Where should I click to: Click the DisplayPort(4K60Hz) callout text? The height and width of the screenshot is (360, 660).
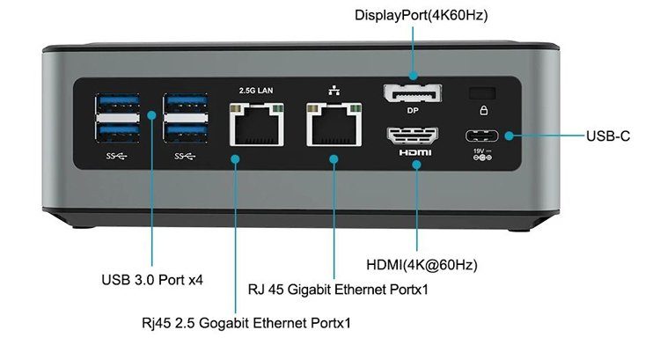tap(422, 15)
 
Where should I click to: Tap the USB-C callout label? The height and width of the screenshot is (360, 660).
tap(608, 136)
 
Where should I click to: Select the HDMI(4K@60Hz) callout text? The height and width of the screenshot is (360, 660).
tap(428, 264)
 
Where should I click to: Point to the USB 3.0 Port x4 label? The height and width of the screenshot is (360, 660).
tap(153, 281)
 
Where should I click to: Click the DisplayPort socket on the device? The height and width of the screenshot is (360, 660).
tap(412, 95)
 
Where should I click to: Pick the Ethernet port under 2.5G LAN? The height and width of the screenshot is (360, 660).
tap(257, 124)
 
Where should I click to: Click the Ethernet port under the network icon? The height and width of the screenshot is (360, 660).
tap(334, 124)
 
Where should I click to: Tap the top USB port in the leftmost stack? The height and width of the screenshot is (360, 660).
tap(116, 100)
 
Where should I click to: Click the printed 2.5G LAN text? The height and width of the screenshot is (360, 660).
tap(257, 91)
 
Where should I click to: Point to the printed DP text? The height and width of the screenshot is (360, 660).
tap(412, 112)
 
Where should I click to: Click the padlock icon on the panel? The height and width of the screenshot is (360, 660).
tap(481, 111)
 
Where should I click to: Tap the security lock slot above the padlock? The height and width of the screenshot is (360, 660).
tap(481, 92)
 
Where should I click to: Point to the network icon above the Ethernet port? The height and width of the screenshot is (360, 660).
tap(334, 89)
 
